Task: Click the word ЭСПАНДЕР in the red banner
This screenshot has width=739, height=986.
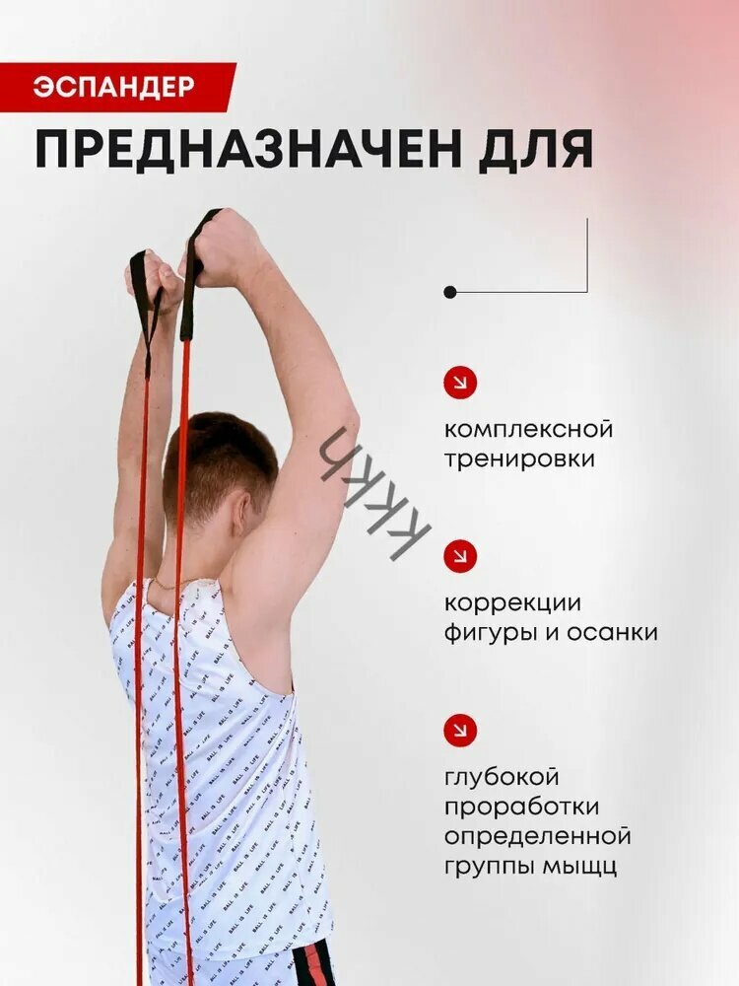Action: [x=113, y=87]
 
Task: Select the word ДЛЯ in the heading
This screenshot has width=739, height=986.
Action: [x=535, y=151]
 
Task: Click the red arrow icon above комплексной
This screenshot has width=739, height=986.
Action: [x=460, y=383]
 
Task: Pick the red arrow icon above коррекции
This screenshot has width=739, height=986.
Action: [x=460, y=556]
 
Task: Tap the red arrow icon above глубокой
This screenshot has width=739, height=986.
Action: [x=460, y=730]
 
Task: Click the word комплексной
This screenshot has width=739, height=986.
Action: [x=528, y=430]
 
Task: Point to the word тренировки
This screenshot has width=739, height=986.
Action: [x=519, y=459]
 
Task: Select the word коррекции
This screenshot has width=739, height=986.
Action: [x=512, y=603]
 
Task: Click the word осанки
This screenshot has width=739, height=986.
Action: [x=612, y=633]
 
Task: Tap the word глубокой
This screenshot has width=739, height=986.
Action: [x=502, y=777]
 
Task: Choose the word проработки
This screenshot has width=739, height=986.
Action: [x=521, y=807]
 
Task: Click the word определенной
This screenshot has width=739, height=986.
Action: [x=537, y=837]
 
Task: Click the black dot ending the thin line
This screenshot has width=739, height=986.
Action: [x=450, y=292]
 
